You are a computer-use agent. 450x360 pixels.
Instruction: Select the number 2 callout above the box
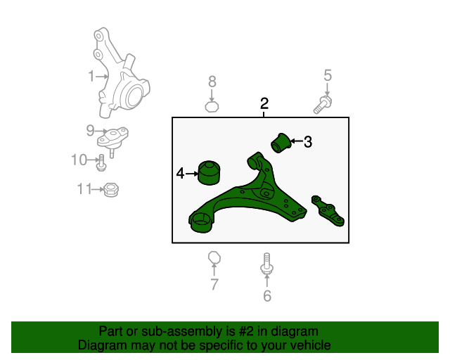click(x=264, y=103)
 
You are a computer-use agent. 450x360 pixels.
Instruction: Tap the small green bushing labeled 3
click(x=281, y=143)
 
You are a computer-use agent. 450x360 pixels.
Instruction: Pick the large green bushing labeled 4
click(x=210, y=172)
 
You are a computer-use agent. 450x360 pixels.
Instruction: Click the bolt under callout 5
click(x=323, y=105)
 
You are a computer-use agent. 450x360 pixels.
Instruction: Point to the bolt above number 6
click(x=266, y=263)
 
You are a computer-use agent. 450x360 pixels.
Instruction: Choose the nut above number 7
click(x=214, y=257)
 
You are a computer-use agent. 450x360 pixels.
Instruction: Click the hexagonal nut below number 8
click(x=212, y=106)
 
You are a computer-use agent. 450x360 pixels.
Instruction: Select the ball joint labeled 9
click(x=112, y=139)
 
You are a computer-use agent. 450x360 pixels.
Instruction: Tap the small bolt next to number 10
click(x=101, y=163)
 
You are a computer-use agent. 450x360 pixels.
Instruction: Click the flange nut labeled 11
click(x=111, y=190)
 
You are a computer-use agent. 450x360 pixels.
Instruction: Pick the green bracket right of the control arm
click(x=328, y=211)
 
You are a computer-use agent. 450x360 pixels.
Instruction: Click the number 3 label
click(x=308, y=142)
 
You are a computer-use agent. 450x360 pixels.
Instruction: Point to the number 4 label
click(x=180, y=174)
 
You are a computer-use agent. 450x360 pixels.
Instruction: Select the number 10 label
click(x=79, y=160)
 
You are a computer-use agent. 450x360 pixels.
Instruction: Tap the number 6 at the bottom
click(x=267, y=296)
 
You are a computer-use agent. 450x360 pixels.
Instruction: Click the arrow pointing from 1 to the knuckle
click(x=102, y=77)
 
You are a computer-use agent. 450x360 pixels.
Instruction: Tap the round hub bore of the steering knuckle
click(x=134, y=96)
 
